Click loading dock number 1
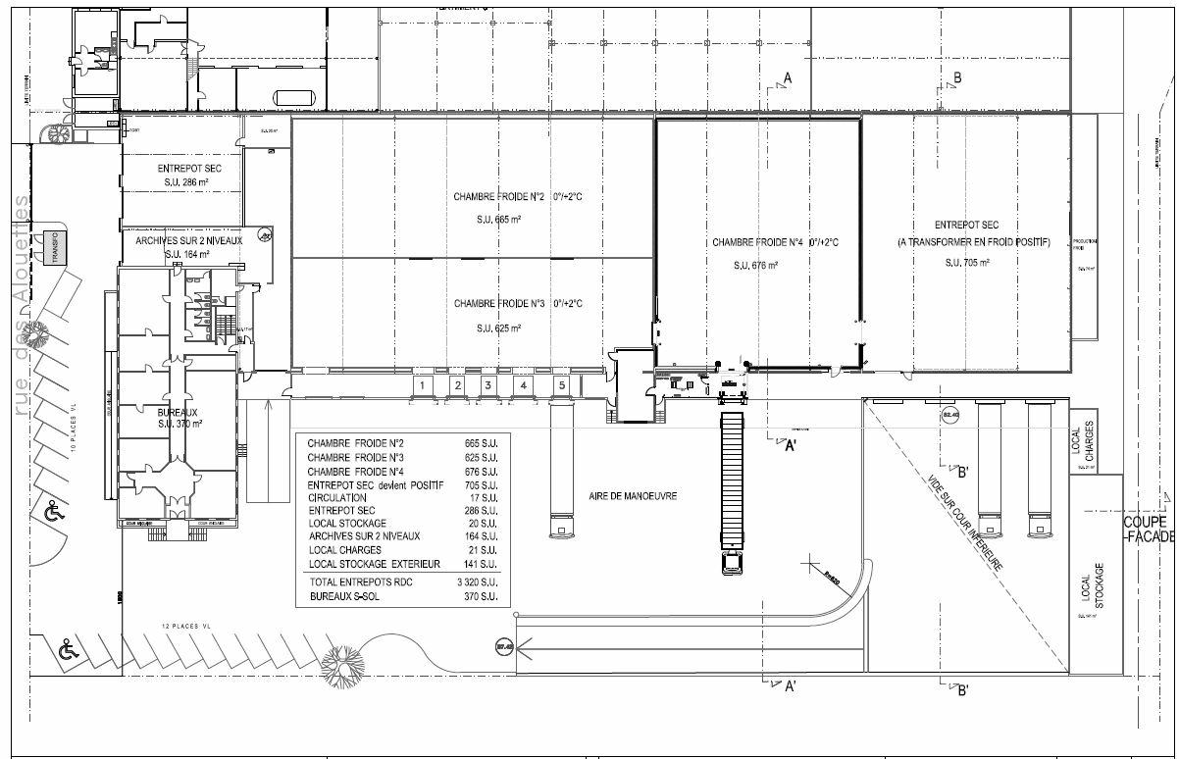(x=421, y=386)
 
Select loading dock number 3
(x=487, y=386)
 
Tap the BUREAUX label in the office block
(x=178, y=413)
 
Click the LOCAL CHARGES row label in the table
(x=340, y=550)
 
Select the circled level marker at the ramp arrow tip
(x=505, y=645)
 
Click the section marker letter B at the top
(x=958, y=77)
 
